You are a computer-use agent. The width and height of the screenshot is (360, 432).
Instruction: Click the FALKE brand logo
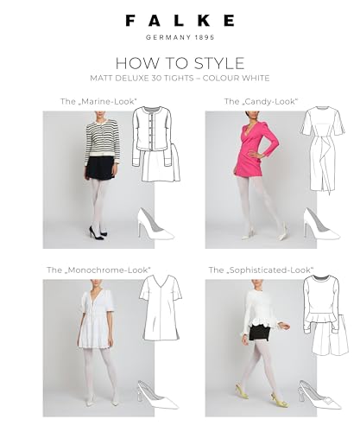tap(180, 21)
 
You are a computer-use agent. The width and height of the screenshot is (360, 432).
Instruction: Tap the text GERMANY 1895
tap(180, 37)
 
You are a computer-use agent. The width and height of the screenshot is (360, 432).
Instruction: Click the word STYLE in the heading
tap(219, 63)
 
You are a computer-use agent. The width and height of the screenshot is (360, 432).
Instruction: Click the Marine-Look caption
tap(98, 101)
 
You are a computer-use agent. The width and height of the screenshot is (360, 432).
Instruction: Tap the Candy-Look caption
tap(261, 101)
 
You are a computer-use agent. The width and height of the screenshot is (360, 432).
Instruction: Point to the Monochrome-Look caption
tap(98, 270)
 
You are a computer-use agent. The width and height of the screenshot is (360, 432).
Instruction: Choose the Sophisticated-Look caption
tap(261, 270)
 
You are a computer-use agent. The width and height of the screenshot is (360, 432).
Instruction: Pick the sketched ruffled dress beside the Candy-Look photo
tap(323, 149)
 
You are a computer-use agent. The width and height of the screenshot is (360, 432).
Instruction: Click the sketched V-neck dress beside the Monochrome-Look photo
tap(161, 308)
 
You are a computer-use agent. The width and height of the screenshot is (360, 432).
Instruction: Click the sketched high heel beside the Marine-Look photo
tap(155, 225)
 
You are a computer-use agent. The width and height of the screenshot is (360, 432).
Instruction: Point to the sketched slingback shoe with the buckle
tap(320, 396)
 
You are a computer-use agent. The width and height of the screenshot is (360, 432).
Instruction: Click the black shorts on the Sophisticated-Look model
tap(256, 334)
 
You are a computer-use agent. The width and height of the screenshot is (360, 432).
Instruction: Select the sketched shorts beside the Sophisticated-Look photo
tap(331, 339)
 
